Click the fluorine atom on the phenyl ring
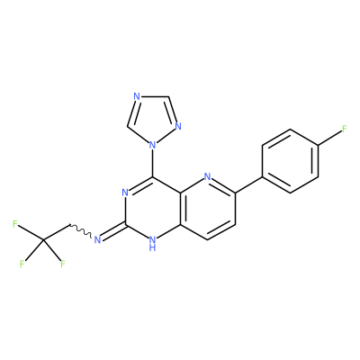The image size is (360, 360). click(x=345, y=129)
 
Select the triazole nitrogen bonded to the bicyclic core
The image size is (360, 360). click(x=153, y=146)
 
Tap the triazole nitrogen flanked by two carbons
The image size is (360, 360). click(x=137, y=96)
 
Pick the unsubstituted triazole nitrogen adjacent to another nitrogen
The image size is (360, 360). click(x=178, y=126)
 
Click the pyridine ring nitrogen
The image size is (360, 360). click(x=207, y=176)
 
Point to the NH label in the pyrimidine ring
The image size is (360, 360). click(x=152, y=243)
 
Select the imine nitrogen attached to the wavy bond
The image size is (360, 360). click(x=97, y=239)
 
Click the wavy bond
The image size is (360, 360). click(x=81, y=230)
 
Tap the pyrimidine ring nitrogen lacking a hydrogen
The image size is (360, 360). click(x=125, y=193)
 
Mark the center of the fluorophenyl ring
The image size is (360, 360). click(x=290, y=161)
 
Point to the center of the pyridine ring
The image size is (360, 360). click(x=207, y=208)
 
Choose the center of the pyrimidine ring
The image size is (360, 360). click(x=152, y=208)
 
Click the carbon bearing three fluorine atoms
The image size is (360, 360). click(x=42, y=240)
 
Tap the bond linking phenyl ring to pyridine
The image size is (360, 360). click(x=248, y=184)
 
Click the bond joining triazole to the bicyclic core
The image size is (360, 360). click(x=153, y=164)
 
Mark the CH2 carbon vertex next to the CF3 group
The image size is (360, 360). click(x=69, y=224)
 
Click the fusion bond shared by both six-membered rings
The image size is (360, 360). click(x=182, y=208)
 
